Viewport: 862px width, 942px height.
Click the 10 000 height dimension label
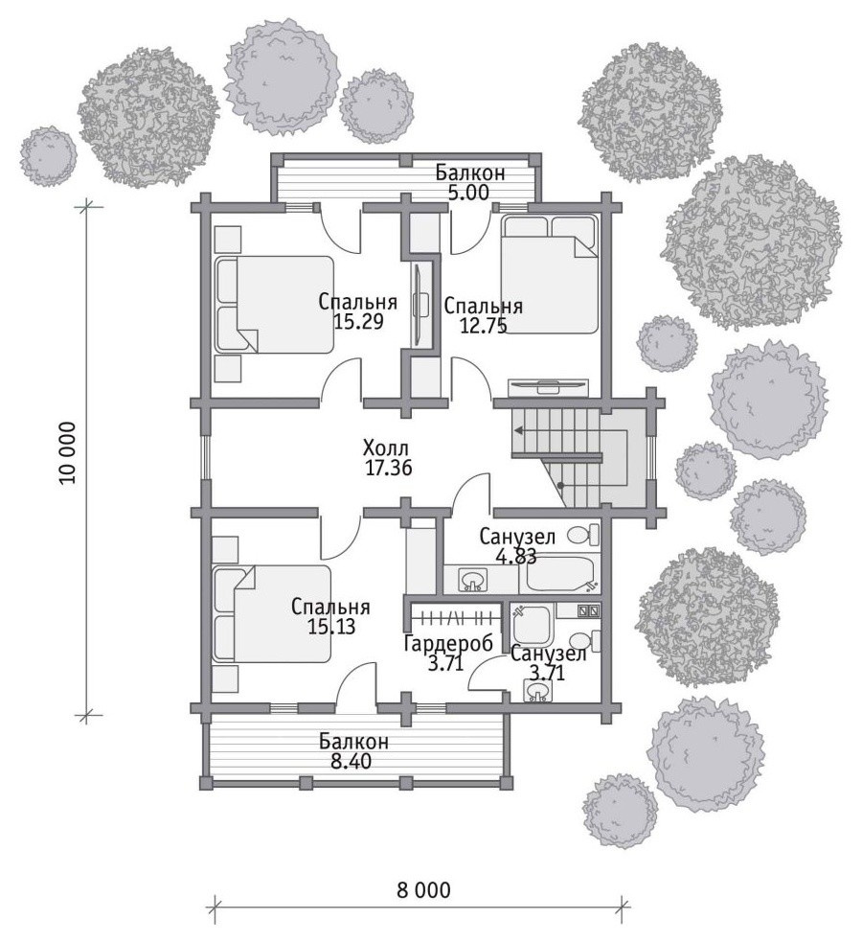[68, 453]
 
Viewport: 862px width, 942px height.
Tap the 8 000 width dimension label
[423, 889]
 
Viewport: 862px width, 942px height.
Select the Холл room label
[386, 448]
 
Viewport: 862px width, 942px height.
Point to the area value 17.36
[389, 468]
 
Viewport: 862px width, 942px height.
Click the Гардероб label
[448, 643]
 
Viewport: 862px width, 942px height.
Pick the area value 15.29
[358, 321]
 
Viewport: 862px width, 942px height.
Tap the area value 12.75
[484, 325]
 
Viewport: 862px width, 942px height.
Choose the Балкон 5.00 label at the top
[470, 183]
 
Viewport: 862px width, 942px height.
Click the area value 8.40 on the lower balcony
[352, 762]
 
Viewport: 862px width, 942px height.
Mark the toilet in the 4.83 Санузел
[584, 534]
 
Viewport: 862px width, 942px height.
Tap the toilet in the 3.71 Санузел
[584, 641]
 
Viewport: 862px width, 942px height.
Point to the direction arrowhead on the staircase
[517, 430]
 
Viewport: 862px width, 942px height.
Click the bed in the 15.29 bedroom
[274, 304]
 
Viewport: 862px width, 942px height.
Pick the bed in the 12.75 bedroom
[550, 273]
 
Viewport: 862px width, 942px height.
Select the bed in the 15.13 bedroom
[271, 613]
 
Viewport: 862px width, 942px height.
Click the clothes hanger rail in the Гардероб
[457, 616]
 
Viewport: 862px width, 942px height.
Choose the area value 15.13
[331, 627]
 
